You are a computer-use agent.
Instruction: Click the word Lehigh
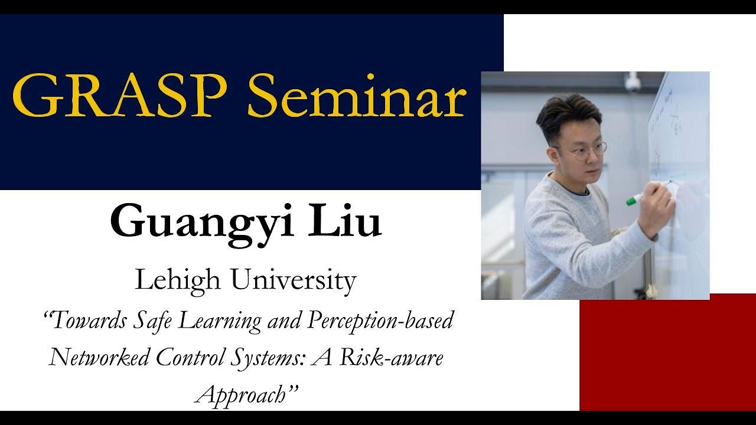[x=177, y=281]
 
